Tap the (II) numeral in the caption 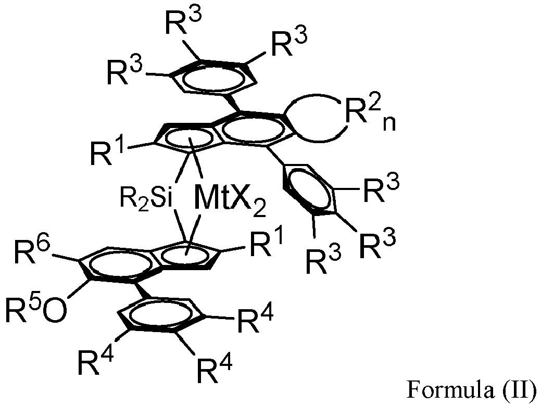[x=518, y=389]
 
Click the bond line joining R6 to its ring [x=66, y=257]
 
